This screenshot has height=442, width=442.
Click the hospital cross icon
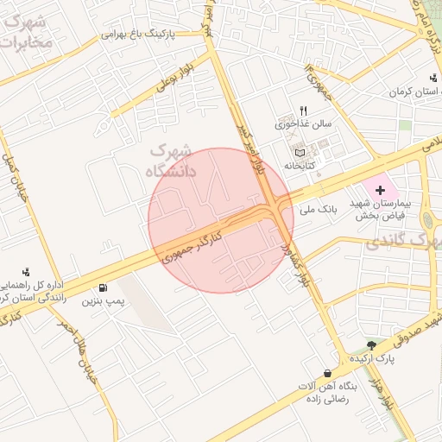coord(380,188)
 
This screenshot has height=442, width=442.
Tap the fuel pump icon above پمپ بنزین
coord(104,288)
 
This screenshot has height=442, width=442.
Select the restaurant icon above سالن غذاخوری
coord(302,110)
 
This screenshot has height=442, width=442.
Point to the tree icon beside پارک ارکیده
coord(371,344)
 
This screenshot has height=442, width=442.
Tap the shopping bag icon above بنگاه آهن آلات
coord(327,373)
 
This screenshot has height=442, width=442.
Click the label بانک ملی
coord(316,209)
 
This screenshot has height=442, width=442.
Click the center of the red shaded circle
coord(221,220)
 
